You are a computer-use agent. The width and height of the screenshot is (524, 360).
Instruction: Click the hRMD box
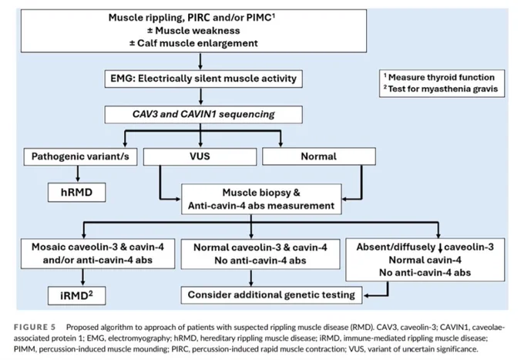click(x=76, y=192)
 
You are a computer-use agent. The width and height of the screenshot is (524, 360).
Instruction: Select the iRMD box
click(x=76, y=295)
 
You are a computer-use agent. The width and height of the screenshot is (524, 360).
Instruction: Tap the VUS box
click(x=200, y=156)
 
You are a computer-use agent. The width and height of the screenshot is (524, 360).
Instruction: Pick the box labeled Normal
click(x=319, y=156)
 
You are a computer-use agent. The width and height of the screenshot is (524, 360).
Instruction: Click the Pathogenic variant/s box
click(x=80, y=156)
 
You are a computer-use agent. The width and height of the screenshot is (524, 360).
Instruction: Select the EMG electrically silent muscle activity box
click(x=203, y=79)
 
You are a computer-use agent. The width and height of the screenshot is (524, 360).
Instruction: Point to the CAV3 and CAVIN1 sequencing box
click(x=203, y=114)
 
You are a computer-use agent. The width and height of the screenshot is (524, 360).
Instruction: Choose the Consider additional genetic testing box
click(x=271, y=294)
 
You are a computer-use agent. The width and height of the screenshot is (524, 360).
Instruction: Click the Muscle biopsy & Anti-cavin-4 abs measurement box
click(x=261, y=199)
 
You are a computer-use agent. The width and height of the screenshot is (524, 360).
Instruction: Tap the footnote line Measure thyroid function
click(x=439, y=77)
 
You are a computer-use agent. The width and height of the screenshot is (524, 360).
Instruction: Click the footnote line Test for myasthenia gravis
click(x=441, y=89)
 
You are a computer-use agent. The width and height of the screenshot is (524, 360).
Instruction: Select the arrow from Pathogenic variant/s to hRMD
click(x=78, y=173)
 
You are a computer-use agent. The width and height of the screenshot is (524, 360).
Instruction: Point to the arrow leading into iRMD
click(x=83, y=278)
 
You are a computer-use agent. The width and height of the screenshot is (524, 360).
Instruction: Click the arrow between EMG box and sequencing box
click(x=200, y=96)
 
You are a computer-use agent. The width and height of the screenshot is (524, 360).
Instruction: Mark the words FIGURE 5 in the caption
click(x=35, y=327)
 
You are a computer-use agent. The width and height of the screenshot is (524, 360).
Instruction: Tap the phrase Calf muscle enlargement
click(x=197, y=43)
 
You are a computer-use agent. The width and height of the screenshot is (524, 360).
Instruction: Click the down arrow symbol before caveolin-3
click(x=440, y=247)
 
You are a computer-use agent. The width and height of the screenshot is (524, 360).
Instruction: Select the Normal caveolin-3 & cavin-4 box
click(x=260, y=254)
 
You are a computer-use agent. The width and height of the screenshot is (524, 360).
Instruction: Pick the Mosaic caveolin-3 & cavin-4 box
click(x=98, y=254)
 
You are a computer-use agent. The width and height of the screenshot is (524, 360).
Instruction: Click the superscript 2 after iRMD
click(x=90, y=293)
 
